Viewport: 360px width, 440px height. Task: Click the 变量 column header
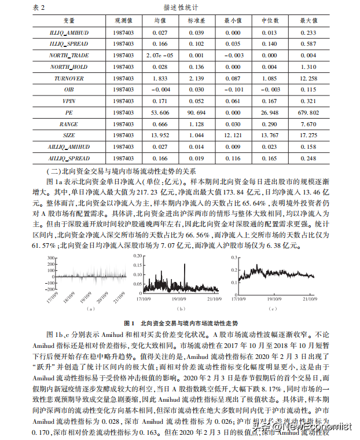point(68,21)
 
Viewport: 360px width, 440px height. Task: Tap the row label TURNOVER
point(68,78)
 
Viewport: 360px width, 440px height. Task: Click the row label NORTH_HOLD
point(68,67)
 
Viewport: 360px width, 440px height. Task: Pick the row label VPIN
point(68,101)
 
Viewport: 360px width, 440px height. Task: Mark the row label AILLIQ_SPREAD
point(68,158)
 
